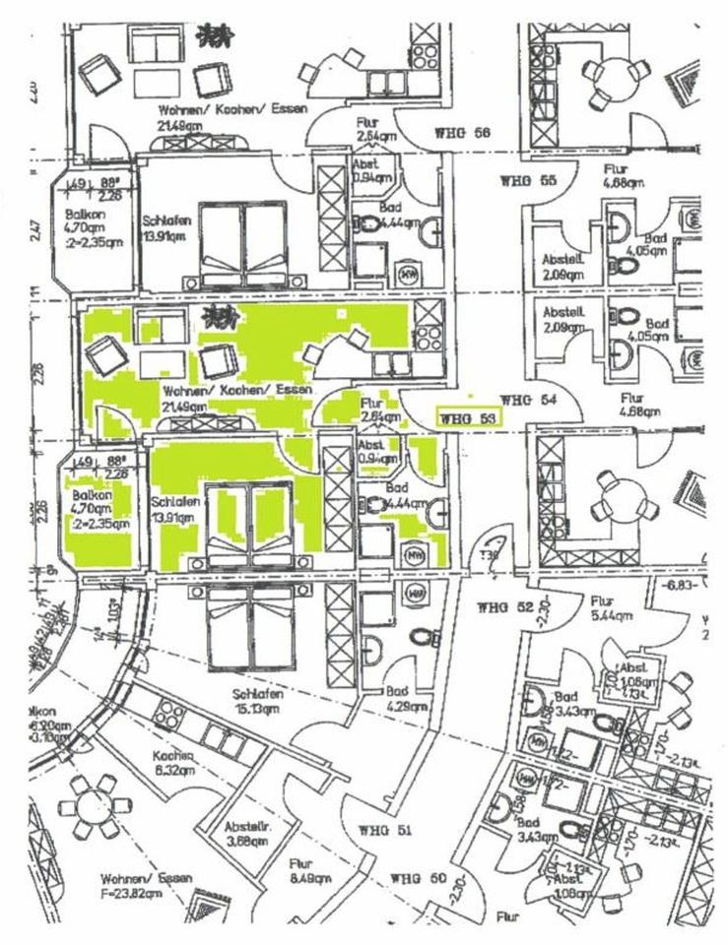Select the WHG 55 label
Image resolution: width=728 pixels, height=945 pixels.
tap(528, 181)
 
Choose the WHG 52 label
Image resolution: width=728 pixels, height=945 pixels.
tap(505, 607)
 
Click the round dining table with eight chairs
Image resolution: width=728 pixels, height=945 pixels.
tap(95, 806)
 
